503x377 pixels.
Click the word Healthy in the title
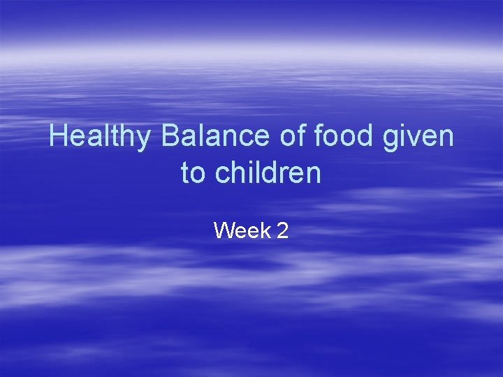click(x=99, y=136)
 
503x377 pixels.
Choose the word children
click(x=268, y=172)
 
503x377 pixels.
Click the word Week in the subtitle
click(x=242, y=230)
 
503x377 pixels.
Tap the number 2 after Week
click(x=282, y=230)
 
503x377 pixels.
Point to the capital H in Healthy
click(x=59, y=136)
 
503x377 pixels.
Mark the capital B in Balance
click(x=170, y=136)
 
